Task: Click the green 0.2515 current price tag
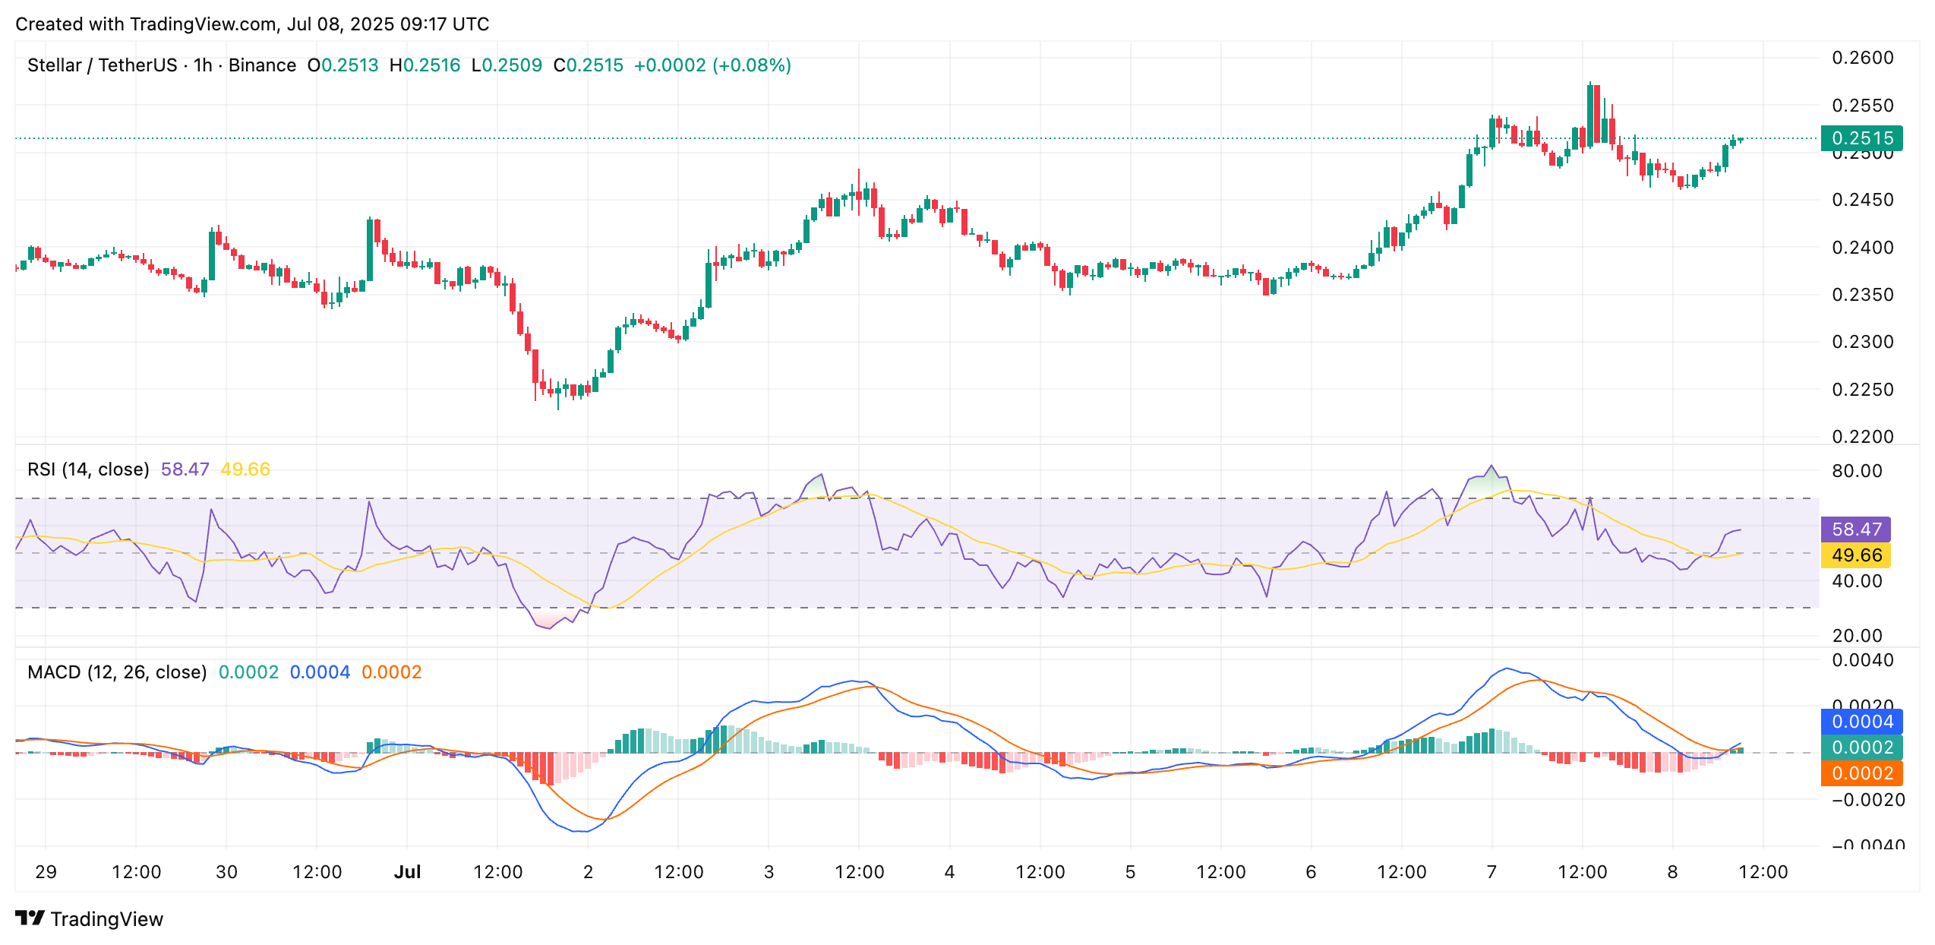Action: click(1861, 138)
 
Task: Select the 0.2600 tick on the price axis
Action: click(1862, 58)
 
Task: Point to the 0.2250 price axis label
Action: click(1862, 390)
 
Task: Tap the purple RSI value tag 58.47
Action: click(1856, 529)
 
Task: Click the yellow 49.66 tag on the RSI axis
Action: click(1856, 555)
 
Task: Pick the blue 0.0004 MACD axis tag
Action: click(1861, 722)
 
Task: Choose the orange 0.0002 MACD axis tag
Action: click(1861, 773)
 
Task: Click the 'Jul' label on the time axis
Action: click(407, 872)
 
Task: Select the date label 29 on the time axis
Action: click(46, 872)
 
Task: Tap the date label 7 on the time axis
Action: click(1491, 872)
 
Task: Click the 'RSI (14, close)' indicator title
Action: click(88, 469)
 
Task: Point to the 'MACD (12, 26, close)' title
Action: click(117, 672)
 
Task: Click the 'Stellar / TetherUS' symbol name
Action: click(102, 65)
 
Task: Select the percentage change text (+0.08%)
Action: click(752, 65)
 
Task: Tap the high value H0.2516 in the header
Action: click(425, 65)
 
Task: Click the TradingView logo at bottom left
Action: click(89, 919)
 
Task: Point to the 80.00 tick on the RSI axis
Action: click(1857, 471)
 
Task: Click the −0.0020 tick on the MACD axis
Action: click(1867, 800)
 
